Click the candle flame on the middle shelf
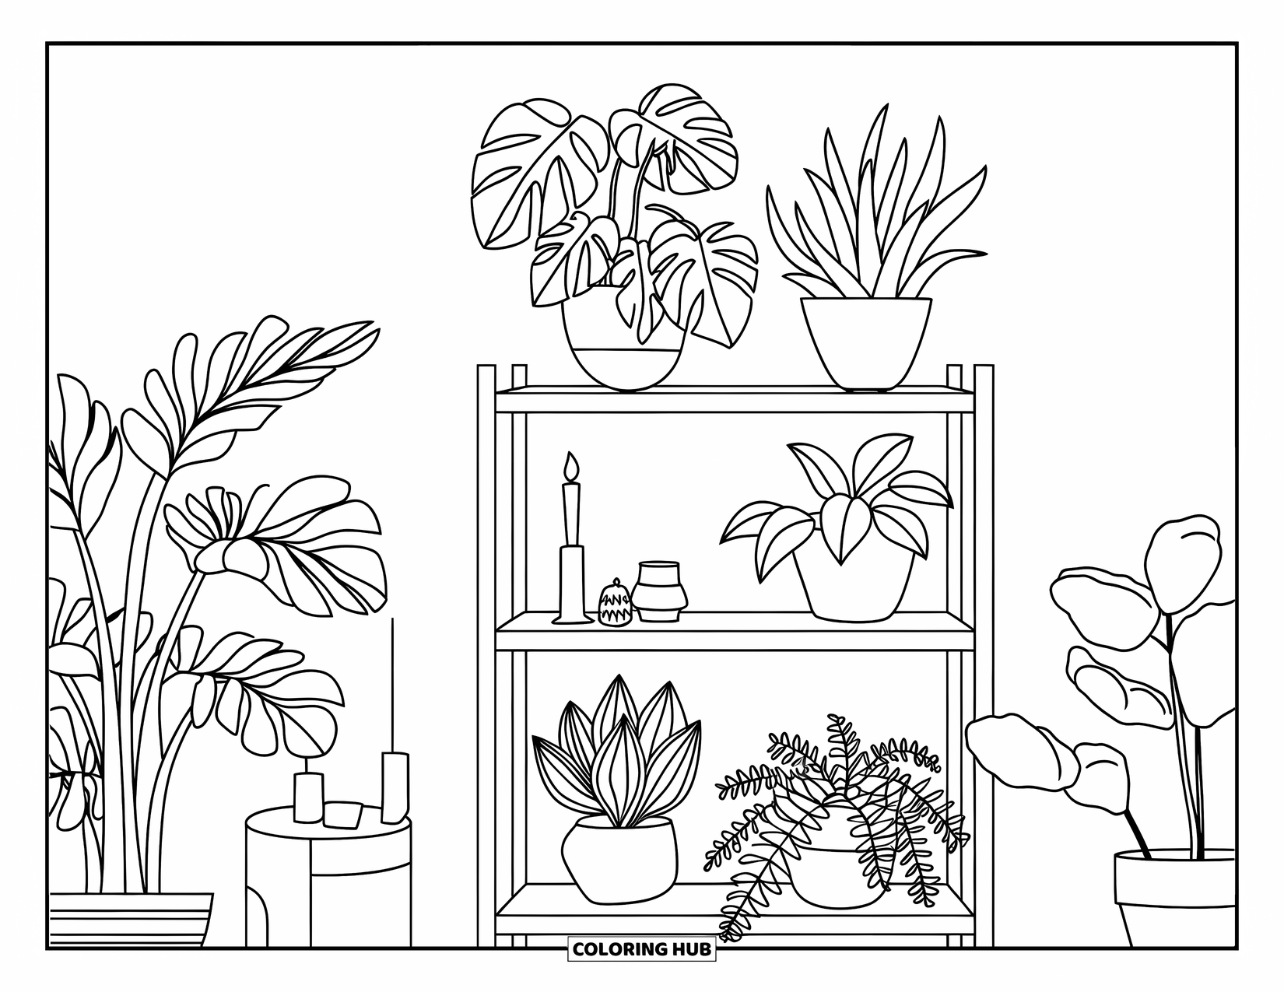pos(573,466)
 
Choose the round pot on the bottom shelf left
pos(619,857)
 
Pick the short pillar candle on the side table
pos(307,797)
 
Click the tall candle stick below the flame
pos(572,514)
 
